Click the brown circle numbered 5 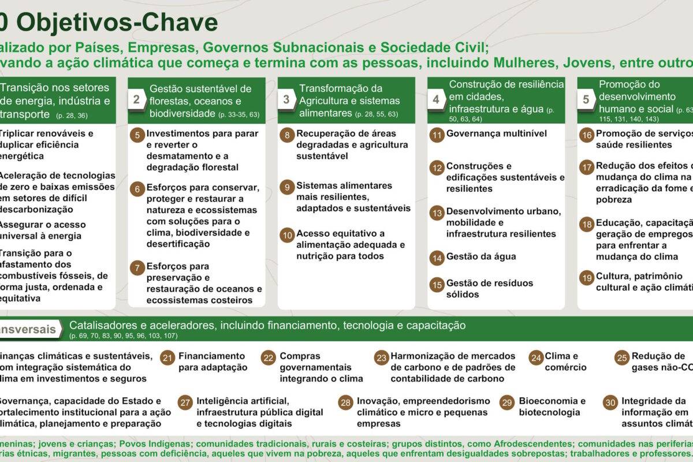(137, 135)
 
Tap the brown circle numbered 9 (287, 187)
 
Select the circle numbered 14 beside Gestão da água (437, 258)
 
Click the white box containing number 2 (136, 99)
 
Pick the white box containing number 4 (436, 99)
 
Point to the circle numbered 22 (268, 358)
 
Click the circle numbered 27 (185, 403)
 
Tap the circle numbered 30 (610, 403)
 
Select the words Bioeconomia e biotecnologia (552, 407)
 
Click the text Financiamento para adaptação (213, 362)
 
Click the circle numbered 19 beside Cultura (587, 278)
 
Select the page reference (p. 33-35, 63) (239, 114)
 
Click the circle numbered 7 (137, 268)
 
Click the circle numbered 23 (381, 358)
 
